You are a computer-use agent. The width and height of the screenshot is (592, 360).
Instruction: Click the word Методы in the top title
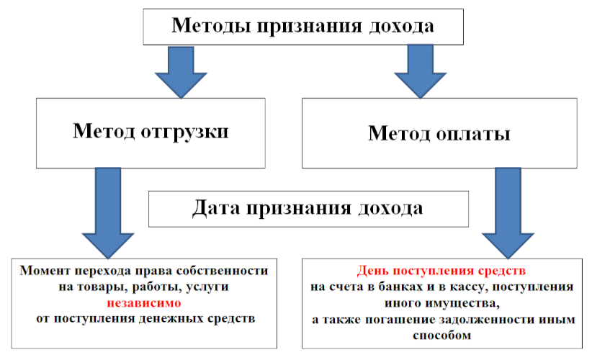click(x=212, y=27)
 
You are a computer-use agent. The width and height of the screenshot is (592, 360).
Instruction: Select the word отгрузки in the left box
click(x=184, y=132)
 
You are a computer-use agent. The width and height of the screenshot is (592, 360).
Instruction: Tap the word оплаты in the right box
click(x=473, y=134)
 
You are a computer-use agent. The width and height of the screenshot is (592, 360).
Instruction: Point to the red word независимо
click(x=144, y=303)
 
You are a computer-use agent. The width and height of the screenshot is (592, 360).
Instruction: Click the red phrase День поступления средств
click(x=441, y=271)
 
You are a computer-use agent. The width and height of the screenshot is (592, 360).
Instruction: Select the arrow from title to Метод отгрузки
click(x=181, y=73)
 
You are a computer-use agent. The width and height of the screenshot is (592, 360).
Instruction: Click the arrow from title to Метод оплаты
click(x=420, y=72)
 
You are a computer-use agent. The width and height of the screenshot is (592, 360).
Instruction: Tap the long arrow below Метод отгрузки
click(x=108, y=213)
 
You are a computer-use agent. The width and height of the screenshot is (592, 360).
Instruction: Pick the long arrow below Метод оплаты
click(x=508, y=213)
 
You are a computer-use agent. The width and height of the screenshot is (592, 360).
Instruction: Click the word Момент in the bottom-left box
click(x=45, y=271)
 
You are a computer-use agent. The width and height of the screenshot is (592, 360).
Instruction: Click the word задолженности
click(x=487, y=320)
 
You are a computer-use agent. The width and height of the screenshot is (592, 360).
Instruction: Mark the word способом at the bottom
click(x=441, y=336)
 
